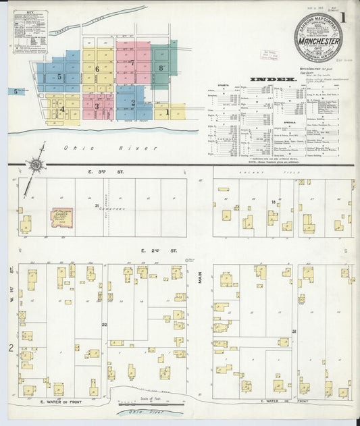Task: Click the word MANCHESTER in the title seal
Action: [x=317, y=41]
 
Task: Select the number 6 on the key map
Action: [x=97, y=69]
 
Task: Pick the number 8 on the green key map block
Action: [x=161, y=68]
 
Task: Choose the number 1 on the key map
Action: [x=168, y=112]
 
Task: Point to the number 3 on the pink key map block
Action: [x=97, y=106]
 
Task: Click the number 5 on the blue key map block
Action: [x=59, y=77]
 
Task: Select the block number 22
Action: [x=104, y=325]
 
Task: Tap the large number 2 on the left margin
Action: [x=11, y=348]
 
